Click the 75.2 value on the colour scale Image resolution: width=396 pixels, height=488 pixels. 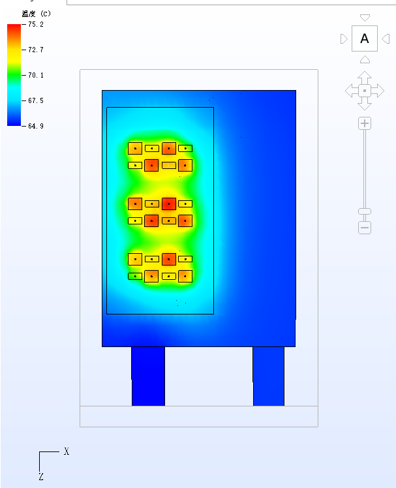click(36, 24)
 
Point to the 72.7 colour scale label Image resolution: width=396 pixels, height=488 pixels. click(36, 50)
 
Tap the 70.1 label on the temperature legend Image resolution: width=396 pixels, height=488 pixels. click(36, 75)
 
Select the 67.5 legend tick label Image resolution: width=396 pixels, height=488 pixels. click(36, 101)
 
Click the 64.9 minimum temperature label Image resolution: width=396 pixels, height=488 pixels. click(36, 126)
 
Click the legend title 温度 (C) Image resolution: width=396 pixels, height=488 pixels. click(36, 14)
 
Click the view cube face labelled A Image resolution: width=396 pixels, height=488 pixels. click(365, 38)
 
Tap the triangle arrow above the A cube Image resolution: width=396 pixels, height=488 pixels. click(365, 18)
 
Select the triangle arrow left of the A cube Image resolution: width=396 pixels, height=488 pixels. click(344, 39)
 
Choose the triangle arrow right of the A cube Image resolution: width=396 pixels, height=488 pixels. click(386, 39)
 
